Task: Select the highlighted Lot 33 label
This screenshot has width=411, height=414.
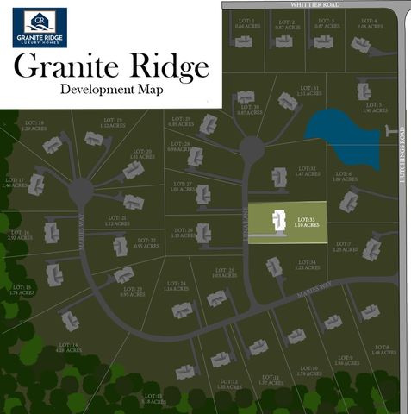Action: click(308, 223)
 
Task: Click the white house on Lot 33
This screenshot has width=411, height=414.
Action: click(278, 223)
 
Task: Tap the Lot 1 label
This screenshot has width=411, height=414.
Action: click(246, 24)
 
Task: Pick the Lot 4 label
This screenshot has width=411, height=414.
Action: click(368, 24)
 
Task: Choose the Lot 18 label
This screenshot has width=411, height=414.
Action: click(34, 126)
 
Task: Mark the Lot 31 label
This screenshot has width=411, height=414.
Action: click(308, 91)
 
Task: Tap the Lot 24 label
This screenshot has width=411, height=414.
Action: click(176, 286)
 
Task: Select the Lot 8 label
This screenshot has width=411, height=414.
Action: click(382, 349)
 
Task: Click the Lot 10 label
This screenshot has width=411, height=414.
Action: click(308, 371)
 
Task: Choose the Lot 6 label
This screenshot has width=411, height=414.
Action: click(345, 177)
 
